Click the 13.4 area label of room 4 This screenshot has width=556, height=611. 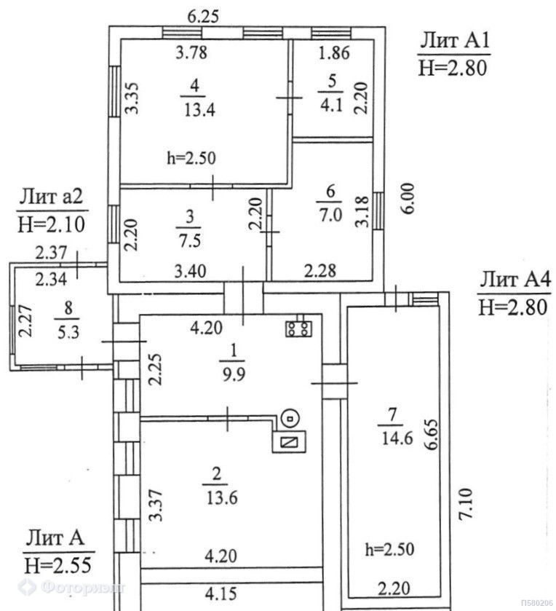(x=199, y=111)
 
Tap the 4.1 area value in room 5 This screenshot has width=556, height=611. (x=332, y=105)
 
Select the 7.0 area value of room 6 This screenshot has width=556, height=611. (x=330, y=215)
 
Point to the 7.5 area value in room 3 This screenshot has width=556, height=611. (x=189, y=241)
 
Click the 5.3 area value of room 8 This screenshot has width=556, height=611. (x=68, y=332)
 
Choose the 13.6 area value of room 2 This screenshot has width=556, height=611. (x=221, y=498)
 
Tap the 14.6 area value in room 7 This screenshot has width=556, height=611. (x=397, y=438)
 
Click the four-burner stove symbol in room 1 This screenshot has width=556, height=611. (x=298, y=329)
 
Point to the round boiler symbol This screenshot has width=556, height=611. (x=290, y=419)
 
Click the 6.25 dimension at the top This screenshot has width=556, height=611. (x=203, y=17)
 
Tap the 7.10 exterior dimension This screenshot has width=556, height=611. (x=465, y=503)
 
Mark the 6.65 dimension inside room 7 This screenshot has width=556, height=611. (x=432, y=435)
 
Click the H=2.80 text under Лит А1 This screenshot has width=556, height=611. (x=453, y=69)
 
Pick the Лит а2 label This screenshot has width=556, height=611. (x=51, y=197)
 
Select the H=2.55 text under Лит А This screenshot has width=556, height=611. (x=58, y=565)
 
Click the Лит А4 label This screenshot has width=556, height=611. (x=515, y=280)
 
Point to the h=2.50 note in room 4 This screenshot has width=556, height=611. (x=191, y=158)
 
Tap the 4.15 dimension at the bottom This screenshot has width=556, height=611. (x=221, y=594)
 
